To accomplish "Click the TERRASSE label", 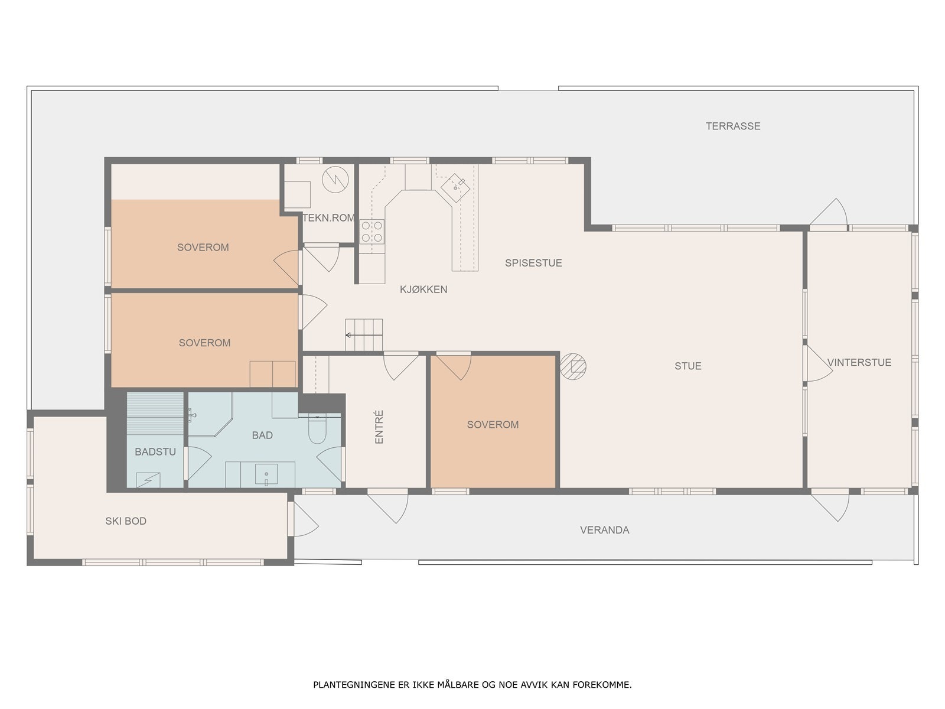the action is tap(733, 126).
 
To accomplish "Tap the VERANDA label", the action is tap(604, 530).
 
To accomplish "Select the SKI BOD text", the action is tap(126, 521).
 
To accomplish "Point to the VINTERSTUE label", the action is tap(859, 362).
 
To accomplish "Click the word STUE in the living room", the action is tap(688, 366).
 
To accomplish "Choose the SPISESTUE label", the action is tap(533, 263).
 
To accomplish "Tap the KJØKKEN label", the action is tap(423, 290).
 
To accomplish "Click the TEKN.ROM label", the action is tap(328, 218).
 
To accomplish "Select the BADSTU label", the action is tap(155, 451).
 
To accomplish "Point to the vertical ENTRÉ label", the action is tap(379, 427).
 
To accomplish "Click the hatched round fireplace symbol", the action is tap(573, 366).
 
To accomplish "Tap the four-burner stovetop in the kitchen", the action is tap(372, 232).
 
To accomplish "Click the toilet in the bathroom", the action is tap(317, 429).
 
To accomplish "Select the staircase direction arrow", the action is tap(364, 335).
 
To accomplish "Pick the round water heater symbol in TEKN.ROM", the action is tap(335, 180).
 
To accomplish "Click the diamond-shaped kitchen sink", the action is tap(455, 188).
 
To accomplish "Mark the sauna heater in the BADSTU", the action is tap(148, 480).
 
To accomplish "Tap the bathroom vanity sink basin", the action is tap(266, 474).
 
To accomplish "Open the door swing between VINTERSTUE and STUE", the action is tap(818, 364).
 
